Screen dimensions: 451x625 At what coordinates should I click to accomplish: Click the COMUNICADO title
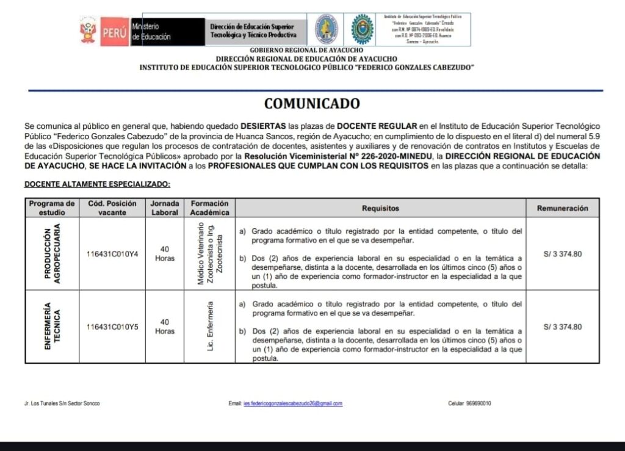[x=312, y=104]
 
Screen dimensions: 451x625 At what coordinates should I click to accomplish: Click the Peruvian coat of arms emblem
[x=88, y=31]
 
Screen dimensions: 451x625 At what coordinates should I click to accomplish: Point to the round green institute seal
[x=363, y=29]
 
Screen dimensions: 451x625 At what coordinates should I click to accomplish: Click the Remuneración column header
[x=562, y=208]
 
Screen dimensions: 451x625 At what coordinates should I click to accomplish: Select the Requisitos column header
[x=380, y=208]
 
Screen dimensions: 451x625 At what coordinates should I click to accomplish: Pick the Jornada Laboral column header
[x=165, y=208]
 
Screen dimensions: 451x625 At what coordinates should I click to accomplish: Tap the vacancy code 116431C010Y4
[x=112, y=254]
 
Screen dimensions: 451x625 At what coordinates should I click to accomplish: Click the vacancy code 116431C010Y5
[x=112, y=327]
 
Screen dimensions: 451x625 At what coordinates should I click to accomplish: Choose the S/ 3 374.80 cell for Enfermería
[x=562, y=327]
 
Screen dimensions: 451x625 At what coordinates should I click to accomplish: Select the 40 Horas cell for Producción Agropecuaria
[x=165, y=254]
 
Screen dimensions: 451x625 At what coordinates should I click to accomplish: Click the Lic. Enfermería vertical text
[x=210, y=327]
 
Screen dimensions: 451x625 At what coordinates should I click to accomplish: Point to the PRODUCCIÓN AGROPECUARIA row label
[x=52, y=254]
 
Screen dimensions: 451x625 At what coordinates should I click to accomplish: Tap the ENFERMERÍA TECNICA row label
[x=52, y=327]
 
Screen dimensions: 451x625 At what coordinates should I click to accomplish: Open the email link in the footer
[x=292, y=403]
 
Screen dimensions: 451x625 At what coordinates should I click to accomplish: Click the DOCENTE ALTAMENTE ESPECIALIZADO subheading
[x=97, y=184]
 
